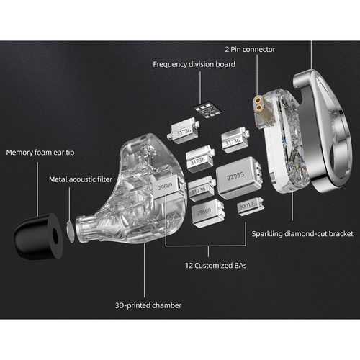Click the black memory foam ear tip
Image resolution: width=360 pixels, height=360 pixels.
point(38,236)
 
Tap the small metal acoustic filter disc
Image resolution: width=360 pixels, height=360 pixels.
point(71,230)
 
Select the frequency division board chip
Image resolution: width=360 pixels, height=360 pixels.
point(207,111)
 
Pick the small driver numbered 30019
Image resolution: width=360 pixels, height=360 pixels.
point(251,207)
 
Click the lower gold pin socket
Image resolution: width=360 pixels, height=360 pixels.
point(258,108)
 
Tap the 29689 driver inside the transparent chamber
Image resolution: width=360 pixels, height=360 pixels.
point(168,186)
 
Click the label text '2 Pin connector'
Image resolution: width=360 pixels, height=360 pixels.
point(250,50)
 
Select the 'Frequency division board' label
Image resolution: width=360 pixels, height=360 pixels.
point(194,64)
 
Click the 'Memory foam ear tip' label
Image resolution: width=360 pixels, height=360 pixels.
point(40,153)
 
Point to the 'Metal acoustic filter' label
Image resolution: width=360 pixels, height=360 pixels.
point(81,179)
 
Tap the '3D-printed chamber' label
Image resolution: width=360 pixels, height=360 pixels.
point(148,305)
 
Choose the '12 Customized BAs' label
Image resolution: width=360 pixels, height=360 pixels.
point(216,266)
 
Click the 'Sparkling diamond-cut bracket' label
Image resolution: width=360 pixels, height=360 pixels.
point(302,234)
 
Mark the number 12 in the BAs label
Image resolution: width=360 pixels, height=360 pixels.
point(189,266)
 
